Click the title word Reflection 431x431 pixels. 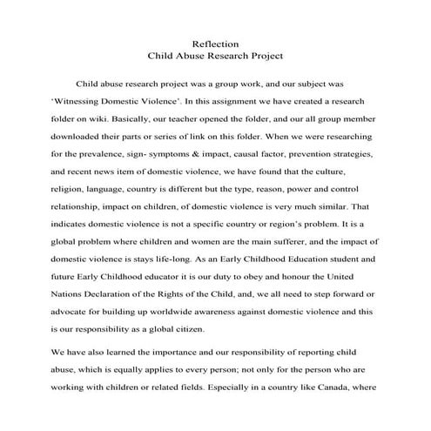click(215, 44)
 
